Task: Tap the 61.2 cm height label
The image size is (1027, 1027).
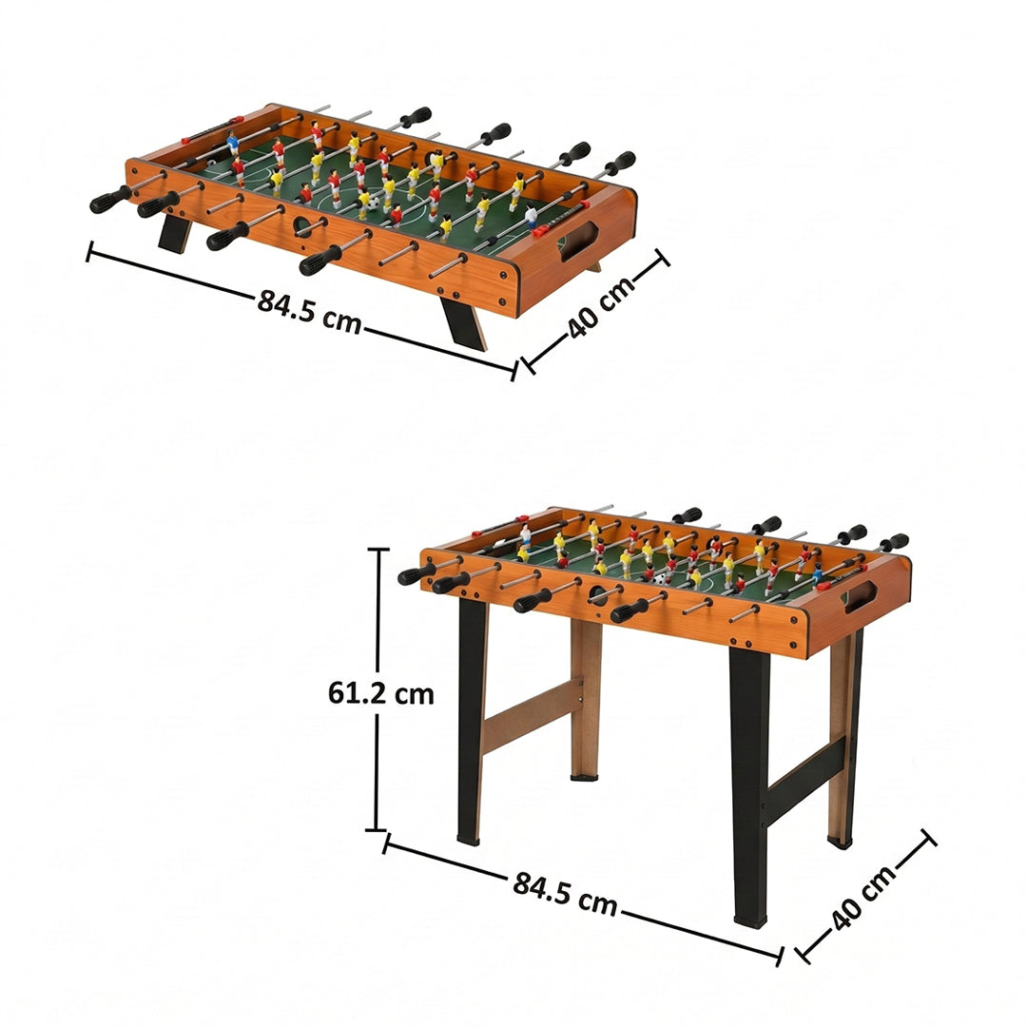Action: coord(380,694)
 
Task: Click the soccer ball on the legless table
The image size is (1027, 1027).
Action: coord(374,203)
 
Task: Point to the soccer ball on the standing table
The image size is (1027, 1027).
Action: coord(660,577)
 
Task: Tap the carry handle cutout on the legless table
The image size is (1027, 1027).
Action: coord(577,241)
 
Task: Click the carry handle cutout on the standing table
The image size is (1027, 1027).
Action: coord(860,597)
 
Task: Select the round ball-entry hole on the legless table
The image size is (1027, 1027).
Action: coord(302,226)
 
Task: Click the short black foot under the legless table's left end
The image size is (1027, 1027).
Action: coord(175,234)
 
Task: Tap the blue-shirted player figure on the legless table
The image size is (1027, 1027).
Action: coord(232,145)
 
